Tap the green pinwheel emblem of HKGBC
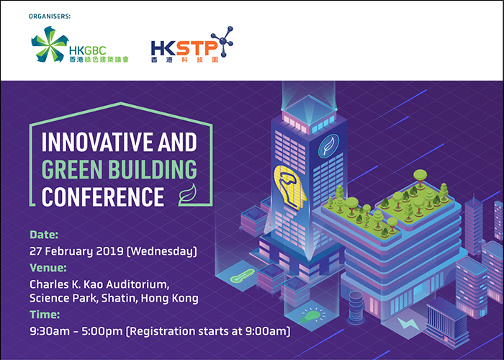[x=49, y=44]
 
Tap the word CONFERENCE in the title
[x=103, y=197]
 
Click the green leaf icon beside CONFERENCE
[x=187, y=195]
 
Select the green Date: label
[x=44, y=235]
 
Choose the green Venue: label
[x=48, y=268]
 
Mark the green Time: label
[x=45, y=315]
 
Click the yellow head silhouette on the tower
[x=290, y=187]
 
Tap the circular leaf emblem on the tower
[x=328, y=146]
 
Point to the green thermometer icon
[x=243, y=276]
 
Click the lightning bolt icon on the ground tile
[x=408, y=323]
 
